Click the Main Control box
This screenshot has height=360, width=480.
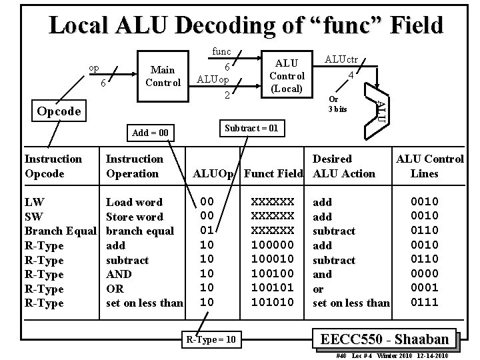pyautogui.click(x=163, y=76)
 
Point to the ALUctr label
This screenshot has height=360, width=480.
pyautogui.click(x=342, y=59)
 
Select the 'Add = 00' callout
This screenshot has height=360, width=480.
pyautogui.click(x=150, y=133)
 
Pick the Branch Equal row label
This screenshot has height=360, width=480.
pyautogui.click(x=61, y=231)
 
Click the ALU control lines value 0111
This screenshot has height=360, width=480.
pyautogui.click(x=424, y=303)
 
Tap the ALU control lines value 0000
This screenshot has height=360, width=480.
pyautogui.click(x=424, y=274)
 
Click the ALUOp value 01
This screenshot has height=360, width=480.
pyautogui.click(x=207, y=231)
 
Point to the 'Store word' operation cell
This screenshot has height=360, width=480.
pyautogui.click(x=135, y=217)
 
